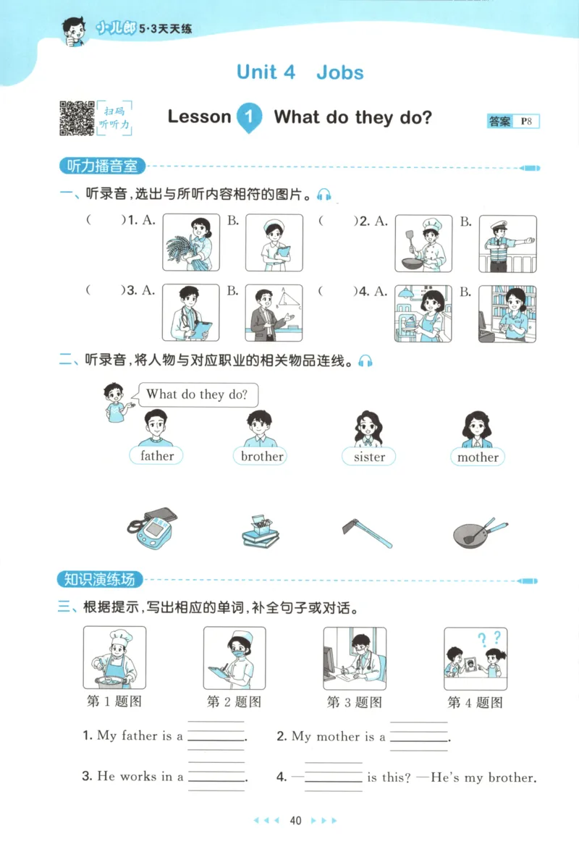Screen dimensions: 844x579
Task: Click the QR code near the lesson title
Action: click(x=76, y=118)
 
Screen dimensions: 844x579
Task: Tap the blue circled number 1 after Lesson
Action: click(x=249, y=117)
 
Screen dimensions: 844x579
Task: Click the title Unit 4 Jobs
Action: click(x=300, y=72)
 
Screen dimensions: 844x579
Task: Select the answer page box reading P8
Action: click(x=526, y=122)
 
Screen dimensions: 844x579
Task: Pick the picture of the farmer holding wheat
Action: click(x=191, y=242)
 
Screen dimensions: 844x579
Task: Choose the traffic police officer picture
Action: click(x=507, y=243)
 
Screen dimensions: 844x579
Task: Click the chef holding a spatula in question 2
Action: click(x=423, y=242)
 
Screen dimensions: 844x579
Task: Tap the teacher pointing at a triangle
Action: click(x=274, y=313)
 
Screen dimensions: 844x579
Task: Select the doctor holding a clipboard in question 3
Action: click(x=191, y=313)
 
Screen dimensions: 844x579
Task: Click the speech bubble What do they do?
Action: click(x=197, y=394)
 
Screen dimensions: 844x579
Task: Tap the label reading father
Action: click(x=157, y=456)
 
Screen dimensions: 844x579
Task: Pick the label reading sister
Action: click(x=369, y=457)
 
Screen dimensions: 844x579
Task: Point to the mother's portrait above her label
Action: click(x=477, y=430)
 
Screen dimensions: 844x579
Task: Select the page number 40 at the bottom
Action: click(x=295, y=821)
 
